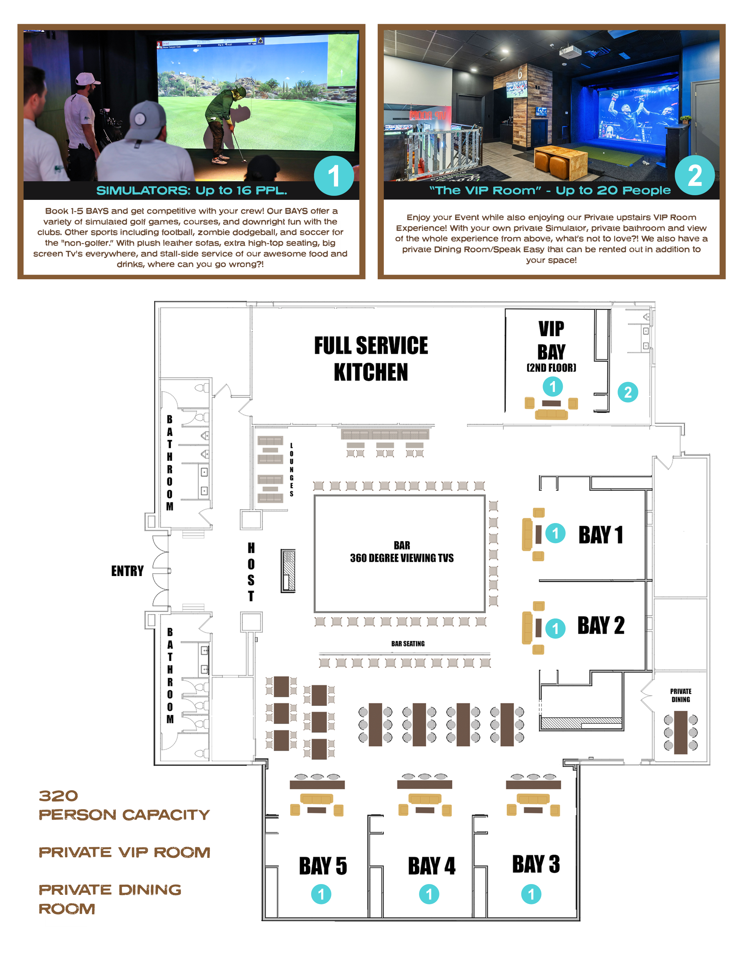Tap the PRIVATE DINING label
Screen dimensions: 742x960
click(681, 695)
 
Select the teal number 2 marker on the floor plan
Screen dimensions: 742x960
click(627, 392)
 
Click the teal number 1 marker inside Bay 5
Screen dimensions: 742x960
click(321, 894)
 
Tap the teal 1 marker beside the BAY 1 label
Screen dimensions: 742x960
click(555, 533)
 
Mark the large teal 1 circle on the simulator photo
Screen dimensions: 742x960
click(334, 176)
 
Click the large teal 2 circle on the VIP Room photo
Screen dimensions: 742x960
click(695, 175)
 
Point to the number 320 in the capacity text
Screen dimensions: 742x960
click(58, 796)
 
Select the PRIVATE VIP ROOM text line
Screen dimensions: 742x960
click(125, 852)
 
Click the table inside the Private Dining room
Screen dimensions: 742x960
click(681, 732)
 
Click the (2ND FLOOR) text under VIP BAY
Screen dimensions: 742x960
click(551, 367)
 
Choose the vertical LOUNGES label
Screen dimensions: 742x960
click(292, 470)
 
